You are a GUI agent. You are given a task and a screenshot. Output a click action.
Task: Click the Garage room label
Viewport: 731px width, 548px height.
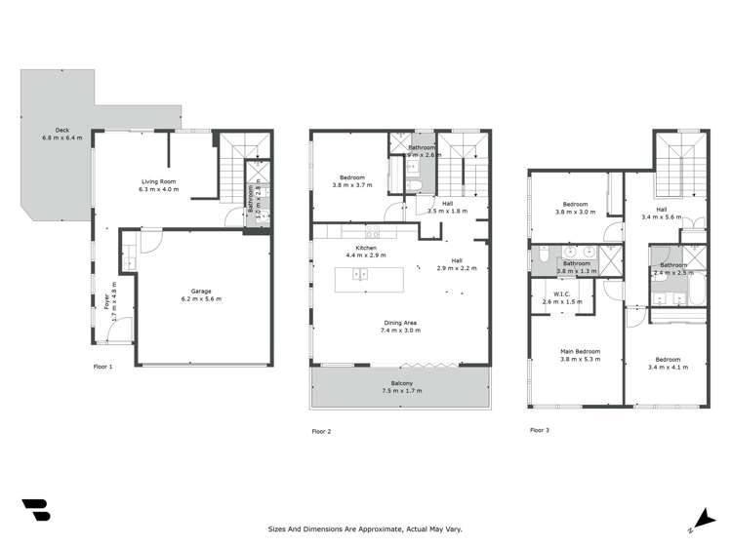[200, 294]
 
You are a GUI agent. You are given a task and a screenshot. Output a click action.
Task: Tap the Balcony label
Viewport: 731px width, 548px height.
[396, 387]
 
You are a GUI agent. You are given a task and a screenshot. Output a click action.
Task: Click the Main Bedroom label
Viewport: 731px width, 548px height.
[580, 355]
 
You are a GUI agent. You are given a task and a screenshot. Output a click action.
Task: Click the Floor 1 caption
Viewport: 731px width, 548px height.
[102, 367]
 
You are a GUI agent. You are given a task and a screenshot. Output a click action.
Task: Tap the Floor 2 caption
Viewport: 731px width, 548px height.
[322, 430]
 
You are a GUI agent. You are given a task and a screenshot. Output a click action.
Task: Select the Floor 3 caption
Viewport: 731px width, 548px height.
[540, 429]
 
